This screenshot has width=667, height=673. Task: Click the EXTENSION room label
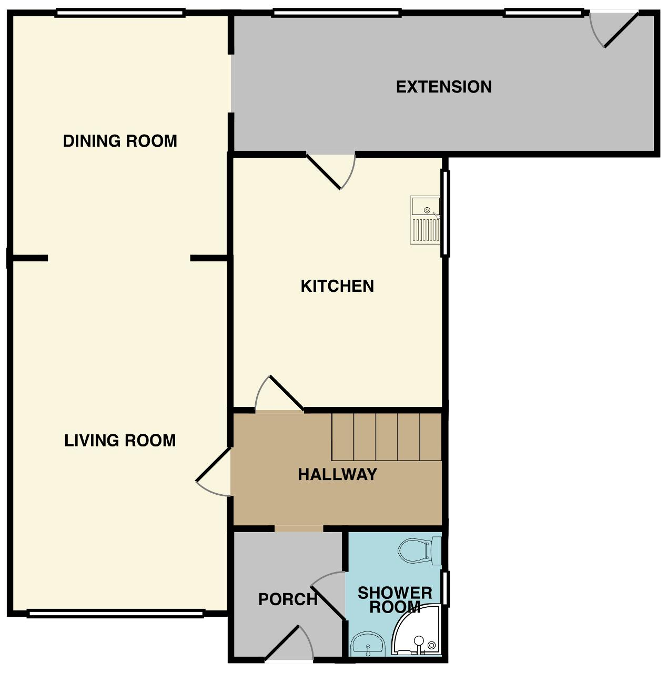pos(443,87)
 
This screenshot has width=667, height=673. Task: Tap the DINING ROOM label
pos(120,141)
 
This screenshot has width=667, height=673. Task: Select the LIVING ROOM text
pos(120,441)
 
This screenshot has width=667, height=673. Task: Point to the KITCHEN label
pos(337,286)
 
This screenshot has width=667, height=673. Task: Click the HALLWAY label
pos(337,474)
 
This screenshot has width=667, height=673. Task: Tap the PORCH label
pos(288,599)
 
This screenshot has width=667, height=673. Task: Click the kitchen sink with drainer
pos(425,220)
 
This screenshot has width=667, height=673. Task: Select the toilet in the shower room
pos(419,551)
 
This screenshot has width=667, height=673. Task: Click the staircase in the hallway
pos(386,436)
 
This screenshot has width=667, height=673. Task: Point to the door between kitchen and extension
pos(331,171)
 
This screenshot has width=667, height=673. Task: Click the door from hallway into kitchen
pos(279,393)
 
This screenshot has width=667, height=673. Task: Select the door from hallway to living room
pos(213,472)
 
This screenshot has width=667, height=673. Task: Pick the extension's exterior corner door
pos(614,29)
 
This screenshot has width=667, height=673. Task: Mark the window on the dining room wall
pos(120,14)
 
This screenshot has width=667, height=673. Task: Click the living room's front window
pos(115,613)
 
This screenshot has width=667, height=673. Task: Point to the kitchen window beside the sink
pos(445,213)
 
